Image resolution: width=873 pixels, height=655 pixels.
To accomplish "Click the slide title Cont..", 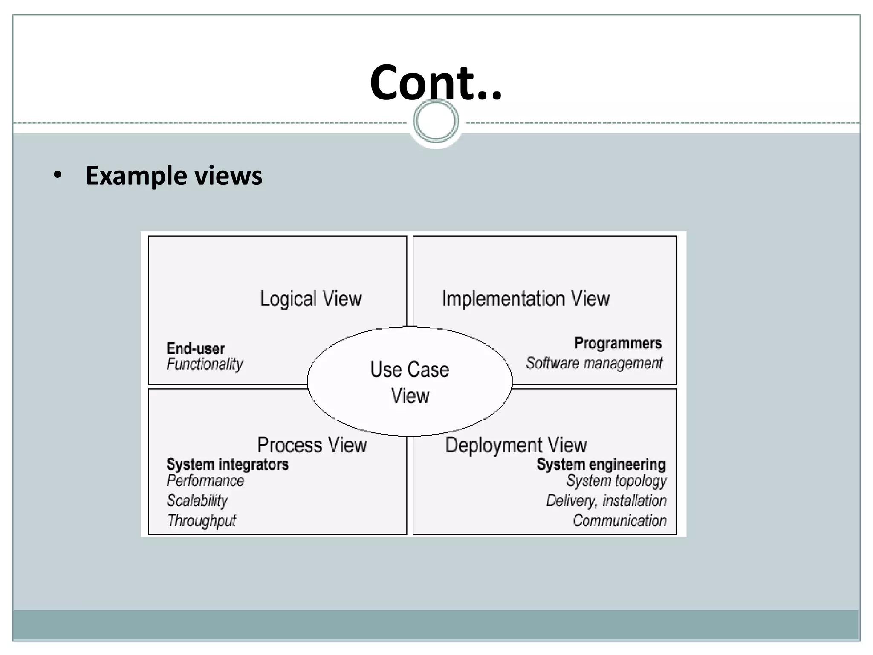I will [436, 82].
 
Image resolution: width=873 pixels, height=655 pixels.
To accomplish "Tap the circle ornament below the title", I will [436, 121].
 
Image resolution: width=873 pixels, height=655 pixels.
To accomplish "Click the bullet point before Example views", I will [58, 175].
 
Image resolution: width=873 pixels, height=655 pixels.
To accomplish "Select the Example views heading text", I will [174, 176].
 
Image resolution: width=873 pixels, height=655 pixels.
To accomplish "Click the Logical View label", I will [311, 299].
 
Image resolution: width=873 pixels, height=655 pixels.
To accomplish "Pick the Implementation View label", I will [526, 299].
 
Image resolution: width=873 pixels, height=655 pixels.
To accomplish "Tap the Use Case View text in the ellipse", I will [410, 382].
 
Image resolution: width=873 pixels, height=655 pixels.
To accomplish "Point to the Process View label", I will [312, 445].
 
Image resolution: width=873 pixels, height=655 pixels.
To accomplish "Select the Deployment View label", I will [516, 445].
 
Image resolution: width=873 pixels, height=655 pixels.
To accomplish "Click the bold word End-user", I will [196, 349].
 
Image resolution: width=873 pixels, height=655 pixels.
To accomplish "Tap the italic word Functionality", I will [205, 364].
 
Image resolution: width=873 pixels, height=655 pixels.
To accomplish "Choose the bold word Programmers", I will [618, 343].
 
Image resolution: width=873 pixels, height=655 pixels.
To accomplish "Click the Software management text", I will [594, 363].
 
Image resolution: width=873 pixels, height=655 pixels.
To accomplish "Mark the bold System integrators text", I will [227, 464].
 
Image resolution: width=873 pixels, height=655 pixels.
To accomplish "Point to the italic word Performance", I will [205, 481].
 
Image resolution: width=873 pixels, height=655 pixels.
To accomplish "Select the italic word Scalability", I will [197, 501].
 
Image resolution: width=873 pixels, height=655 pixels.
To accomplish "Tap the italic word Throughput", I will [201, 521].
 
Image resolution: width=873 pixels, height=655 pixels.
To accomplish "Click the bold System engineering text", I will [601, 464].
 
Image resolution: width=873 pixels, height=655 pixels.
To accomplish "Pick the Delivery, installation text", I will [606, 501].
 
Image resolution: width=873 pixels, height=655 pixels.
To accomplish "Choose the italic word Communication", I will [619, 521].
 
